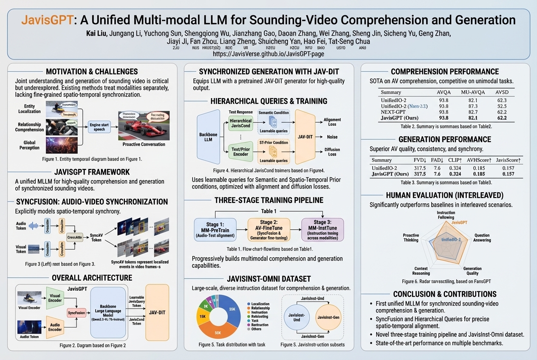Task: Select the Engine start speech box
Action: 99,126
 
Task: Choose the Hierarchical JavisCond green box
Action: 240,123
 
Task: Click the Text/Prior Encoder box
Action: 240,152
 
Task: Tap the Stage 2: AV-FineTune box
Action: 268,230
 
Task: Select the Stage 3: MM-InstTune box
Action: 322,230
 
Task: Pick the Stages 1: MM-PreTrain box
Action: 215,230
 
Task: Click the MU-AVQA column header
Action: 472,92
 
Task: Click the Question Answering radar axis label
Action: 482,238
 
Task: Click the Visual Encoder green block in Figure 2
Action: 55,298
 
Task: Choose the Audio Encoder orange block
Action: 55,327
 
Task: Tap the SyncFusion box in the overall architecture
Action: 77,312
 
